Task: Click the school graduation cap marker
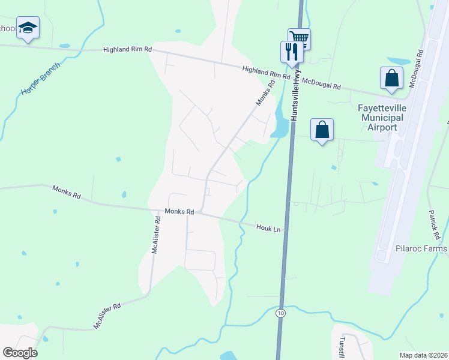[28, 28]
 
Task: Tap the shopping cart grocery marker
[299, 39]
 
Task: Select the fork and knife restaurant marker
[292, 50]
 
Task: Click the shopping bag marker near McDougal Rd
[391, 78]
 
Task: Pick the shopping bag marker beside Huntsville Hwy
[322, 130]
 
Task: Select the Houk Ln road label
[268, 228]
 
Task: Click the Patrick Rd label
[435, 221]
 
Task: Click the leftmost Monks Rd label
[66, 192]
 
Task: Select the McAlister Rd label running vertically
[156, 235]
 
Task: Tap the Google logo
[20, 353]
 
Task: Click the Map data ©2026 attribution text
[423, 355]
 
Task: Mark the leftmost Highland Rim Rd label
[127, 50]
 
